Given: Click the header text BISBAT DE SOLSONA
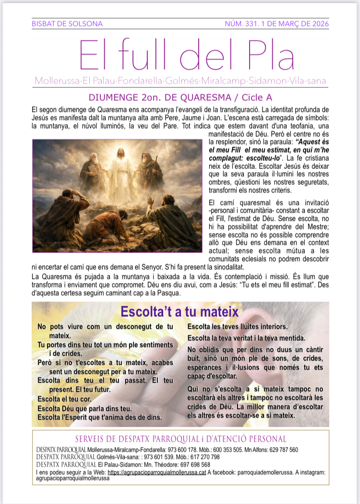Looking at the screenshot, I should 67,24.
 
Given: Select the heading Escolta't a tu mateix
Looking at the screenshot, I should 180,311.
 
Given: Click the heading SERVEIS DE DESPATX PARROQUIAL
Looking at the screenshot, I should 180,439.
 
